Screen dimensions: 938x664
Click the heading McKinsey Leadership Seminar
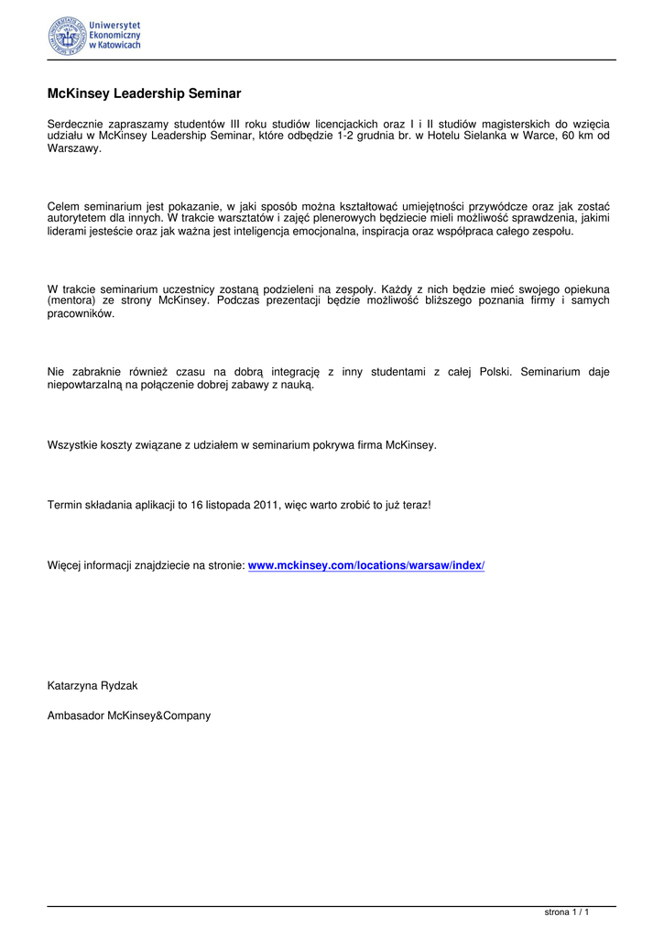[x=144, y=93]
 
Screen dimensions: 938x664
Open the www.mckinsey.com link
[x=366, y=565]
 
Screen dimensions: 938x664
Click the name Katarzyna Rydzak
[x=93, y=685]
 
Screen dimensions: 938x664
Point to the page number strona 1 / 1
[x=566, y=912]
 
